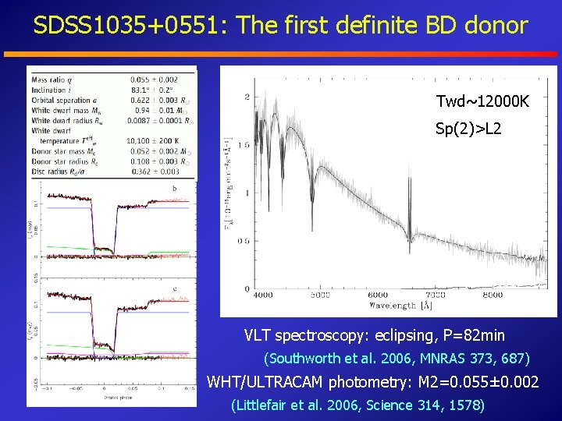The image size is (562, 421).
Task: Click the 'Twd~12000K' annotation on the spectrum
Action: pos(482,102)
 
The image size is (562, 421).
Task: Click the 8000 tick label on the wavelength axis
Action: pos(493,295)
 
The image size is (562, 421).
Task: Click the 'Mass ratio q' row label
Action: pos(50,80)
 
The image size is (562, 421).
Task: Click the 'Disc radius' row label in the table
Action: pos(50,172)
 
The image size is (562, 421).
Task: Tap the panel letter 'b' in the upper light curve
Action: pos(173,188)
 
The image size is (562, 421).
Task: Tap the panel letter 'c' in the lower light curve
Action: pos(173,288)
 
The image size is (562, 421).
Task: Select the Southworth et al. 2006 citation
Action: pos(397,359)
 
